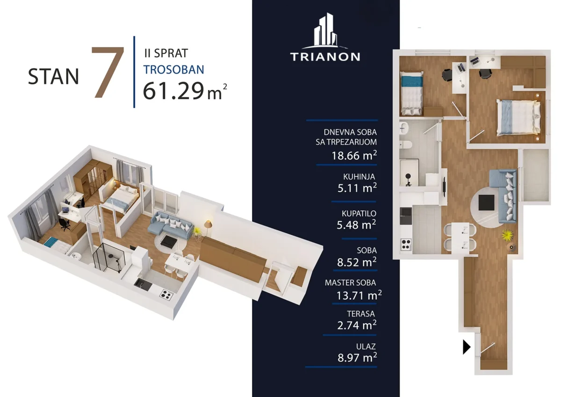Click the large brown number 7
[108, 72]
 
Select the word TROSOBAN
[173, 70]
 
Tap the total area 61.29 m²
[185, 91]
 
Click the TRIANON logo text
[325, 57]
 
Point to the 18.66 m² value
[354, 156]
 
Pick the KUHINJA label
[359, 177]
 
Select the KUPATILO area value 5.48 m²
[356, 224]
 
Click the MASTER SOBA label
[350, 282]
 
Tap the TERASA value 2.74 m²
[357, 325]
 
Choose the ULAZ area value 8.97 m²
[357, 357]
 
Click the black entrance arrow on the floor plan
[467, 347]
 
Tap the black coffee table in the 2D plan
[486, 202]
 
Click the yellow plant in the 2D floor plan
[507, 236]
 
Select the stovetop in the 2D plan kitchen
[406, 245]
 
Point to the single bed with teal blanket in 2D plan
[411, 93]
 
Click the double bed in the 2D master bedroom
[518, 118]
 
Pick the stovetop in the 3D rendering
[166, 295]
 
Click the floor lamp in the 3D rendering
[208, 228]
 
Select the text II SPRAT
[166, 53]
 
